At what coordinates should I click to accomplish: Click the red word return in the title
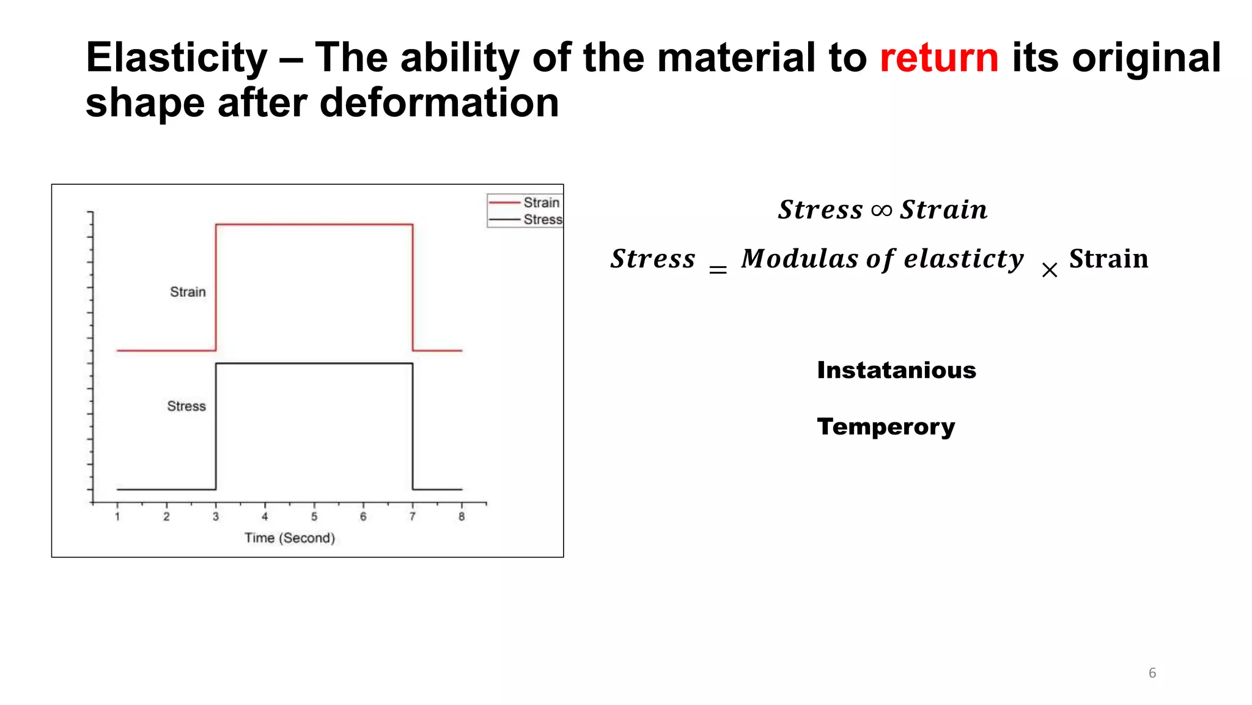[939, 58]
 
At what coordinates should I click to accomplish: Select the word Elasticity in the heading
[177, 58]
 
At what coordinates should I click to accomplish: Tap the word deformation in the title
[439, 103]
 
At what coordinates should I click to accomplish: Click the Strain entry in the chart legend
[541, 203]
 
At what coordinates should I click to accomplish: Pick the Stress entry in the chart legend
[542, 220]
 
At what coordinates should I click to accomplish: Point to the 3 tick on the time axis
[216, 517]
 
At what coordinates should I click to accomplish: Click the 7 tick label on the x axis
[413, 517]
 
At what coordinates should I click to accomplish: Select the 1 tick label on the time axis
[117, 517]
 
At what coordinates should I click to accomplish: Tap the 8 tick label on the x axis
[462, 517]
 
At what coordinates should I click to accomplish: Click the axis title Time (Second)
[290, 538]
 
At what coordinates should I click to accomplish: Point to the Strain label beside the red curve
[188, 292]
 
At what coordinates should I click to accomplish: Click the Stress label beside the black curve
[186, 406]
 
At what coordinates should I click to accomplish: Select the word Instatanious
[896, 370]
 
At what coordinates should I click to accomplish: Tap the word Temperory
[886, 427]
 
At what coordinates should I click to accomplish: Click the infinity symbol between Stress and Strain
[882, 211]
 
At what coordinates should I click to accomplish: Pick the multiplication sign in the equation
[1050, 270]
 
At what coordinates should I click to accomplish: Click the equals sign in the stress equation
[718, 270]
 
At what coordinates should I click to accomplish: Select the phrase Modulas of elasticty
[882, 259]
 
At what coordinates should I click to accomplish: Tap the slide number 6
[1152, 673]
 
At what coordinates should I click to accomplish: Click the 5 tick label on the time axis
[314, 517]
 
